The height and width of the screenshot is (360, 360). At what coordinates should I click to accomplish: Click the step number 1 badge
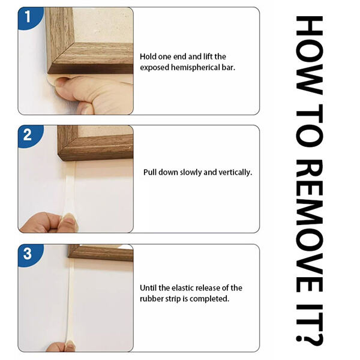pyautogui.click(x=29, y=17)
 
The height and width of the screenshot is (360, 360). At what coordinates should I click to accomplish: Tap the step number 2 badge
pyautogui.click(x=29, y=136)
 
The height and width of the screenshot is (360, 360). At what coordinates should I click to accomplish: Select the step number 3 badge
pyautogui.click(x=29, y=254)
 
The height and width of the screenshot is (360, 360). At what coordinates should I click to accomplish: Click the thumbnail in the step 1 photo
pyautogui.click(x=62, y=82)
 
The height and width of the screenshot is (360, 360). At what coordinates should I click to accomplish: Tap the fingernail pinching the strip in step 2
pyautogui.click(x=70, y=218)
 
